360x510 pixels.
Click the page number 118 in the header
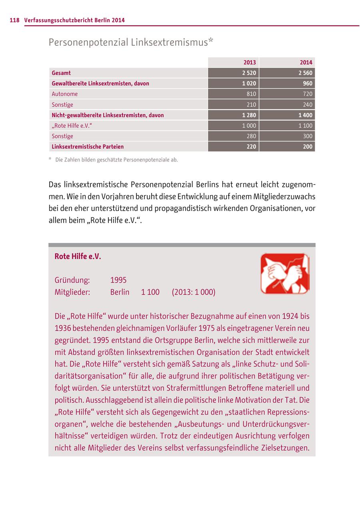click(14, 20)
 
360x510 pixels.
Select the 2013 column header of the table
click(250, 62)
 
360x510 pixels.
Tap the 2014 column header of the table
click(306, 62)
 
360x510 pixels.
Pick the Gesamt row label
click(61, 73)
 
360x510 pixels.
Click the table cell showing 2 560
click(306, 73)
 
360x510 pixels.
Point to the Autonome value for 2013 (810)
click(251, 94)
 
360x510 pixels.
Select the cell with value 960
click(308, 84)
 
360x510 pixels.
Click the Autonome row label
click(65, 94)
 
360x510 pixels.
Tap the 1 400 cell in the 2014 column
click(306, 115)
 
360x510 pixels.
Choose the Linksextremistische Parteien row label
click(88, 147)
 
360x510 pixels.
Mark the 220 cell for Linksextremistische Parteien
click(251, 147)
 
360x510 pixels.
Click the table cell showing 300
click(308, 136)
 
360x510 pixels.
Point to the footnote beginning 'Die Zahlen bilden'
click(116, 160)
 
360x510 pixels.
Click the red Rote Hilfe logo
click(285, 273)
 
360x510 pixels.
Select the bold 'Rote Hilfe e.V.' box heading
click(78, 257)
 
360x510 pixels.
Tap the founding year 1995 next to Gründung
click(118, 280)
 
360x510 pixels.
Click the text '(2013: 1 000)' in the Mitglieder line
click(194, 292)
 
